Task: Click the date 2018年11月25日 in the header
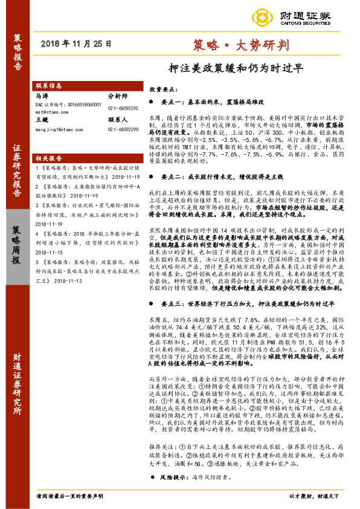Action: pos(77,44)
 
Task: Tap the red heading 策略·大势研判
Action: pos(240,44)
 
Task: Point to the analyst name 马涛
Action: pos(42,96)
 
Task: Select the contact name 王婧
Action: pos(42,120)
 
